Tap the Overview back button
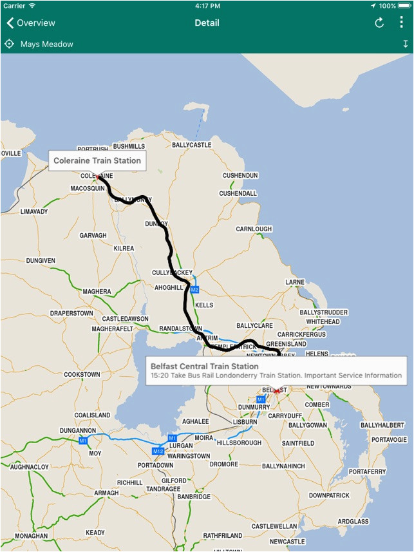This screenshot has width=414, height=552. (x=31, y=23)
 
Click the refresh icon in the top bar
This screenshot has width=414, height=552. (x=379, y=23)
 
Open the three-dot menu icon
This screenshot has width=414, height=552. (x=401, y=23)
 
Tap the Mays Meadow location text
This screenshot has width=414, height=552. (x=47, y=44)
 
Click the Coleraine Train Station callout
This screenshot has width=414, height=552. (x=97, y=160)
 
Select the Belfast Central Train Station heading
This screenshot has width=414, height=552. (x=204, y=366)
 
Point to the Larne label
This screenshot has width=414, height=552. (x=295, y=282)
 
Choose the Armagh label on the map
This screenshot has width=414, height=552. (x=106, y=493)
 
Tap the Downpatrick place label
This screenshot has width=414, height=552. (x=328, y=495)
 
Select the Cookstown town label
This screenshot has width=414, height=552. (x=82, y=374)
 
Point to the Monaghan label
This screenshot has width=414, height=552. (x=32, y=536)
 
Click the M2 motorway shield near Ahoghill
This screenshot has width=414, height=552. (x=194, y=289)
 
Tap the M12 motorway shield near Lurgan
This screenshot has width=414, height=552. (x=158, y=450)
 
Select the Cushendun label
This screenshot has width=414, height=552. (x=240, y=175)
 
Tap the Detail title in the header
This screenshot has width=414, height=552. (x=207, y=23)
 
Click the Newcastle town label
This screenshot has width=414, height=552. (x=287, y=542)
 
